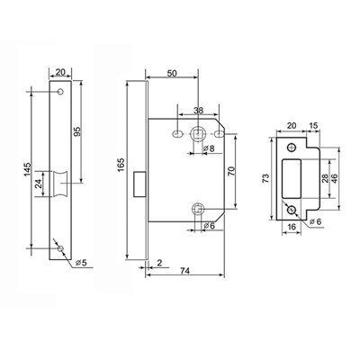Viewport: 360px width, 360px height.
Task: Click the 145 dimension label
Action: tap(27, 170)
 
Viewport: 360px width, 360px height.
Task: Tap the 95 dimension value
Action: tap(77, 131)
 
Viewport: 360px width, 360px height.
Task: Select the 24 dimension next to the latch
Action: tap(39, 184)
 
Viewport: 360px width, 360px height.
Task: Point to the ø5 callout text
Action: tap(81, 263)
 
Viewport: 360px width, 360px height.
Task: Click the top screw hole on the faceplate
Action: tap(60, 92)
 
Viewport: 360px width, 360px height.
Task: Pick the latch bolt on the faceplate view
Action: tap(60, 184)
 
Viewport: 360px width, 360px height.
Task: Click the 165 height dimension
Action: tap(121, 165)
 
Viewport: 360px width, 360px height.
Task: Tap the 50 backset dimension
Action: tap(172, 73)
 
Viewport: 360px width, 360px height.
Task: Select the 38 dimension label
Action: tap(198, 111)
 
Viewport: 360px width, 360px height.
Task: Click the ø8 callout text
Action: tap(208, 148)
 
